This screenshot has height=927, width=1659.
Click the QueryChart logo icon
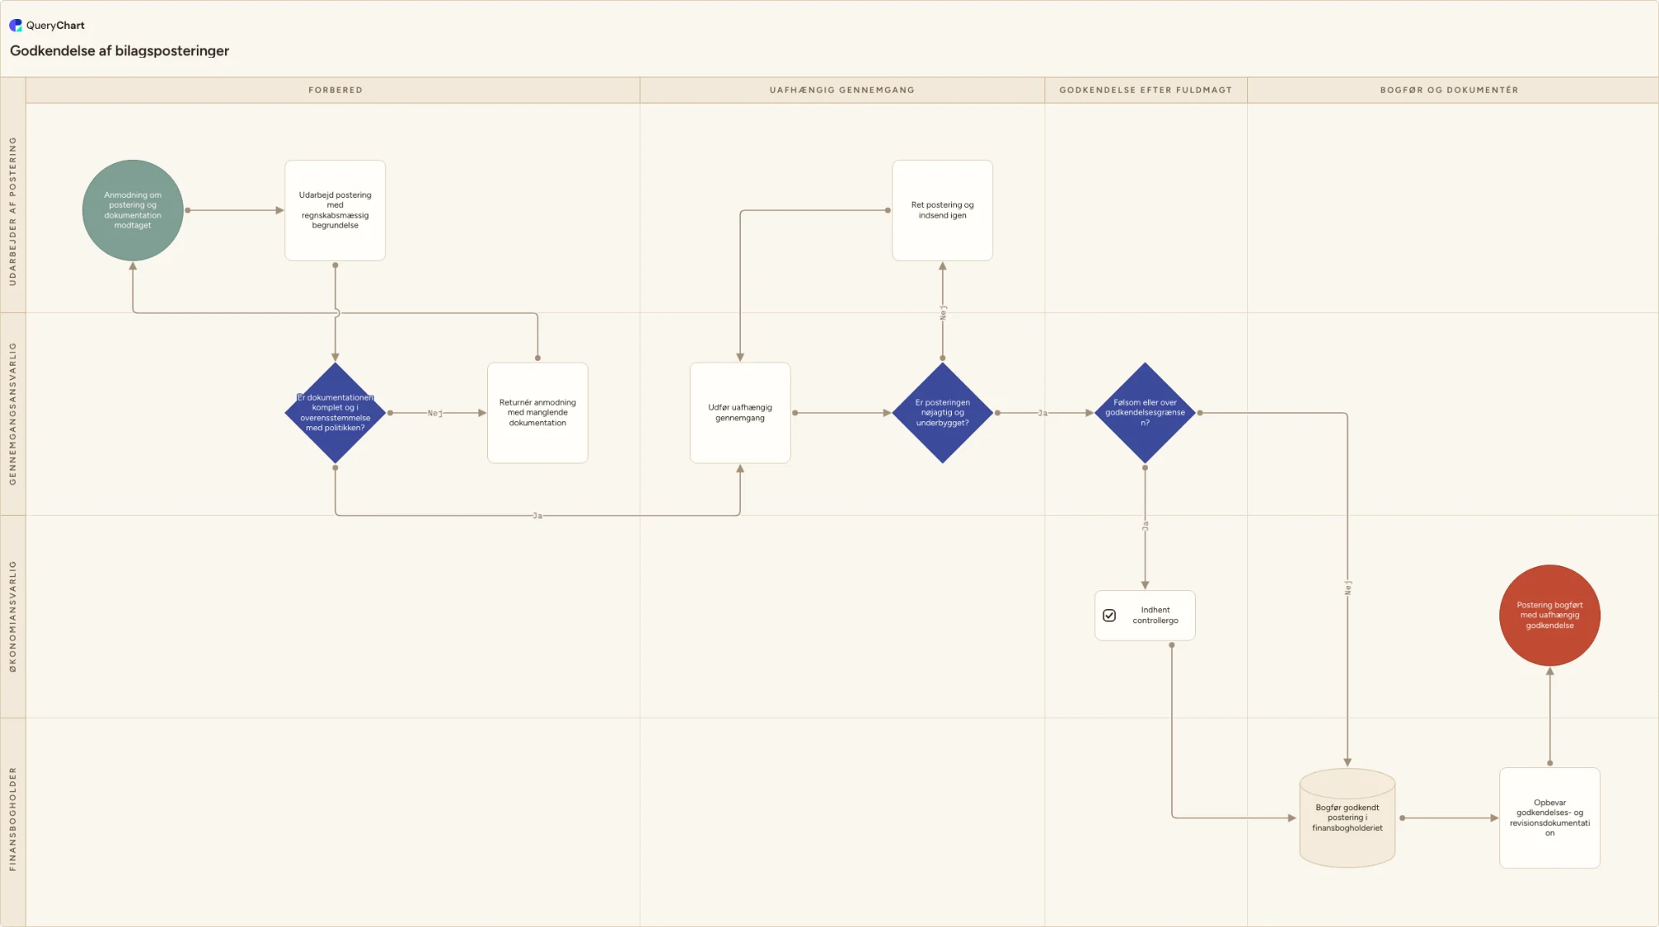pos(16,26)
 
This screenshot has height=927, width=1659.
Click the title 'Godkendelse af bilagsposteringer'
pos(119,50)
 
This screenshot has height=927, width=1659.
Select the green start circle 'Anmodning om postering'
pos(132,210)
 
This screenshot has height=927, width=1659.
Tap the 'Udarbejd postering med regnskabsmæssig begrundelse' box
pos(335,210)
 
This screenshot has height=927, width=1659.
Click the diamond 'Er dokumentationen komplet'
pos(335,412)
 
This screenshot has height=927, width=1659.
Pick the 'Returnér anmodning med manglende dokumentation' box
pos(538,412)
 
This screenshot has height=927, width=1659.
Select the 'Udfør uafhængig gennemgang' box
pos(740,412)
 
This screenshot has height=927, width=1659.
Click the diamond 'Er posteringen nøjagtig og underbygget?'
pos(943,412)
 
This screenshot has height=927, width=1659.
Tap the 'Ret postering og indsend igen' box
pos(943,210)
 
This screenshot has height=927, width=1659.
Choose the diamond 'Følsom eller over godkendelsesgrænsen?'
pos(1145,412)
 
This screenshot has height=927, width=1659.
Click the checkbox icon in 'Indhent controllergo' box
pos(1110,616)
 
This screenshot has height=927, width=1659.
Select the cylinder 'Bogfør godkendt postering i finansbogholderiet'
pos(1347,818)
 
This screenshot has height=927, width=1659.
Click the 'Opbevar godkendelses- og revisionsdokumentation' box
pos(1550,818)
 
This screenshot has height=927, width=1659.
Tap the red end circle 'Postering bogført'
pos(1550,615)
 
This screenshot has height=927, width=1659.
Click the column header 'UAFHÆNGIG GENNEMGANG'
pos(842,90)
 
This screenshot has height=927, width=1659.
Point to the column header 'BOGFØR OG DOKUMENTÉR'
pos(1449,90)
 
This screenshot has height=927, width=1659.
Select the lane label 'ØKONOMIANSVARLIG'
pos(12,617)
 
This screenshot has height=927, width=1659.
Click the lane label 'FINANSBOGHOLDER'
pos(12,819)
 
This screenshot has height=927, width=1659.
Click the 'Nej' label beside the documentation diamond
pos(435,413)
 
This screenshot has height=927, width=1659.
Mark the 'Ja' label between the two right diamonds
pos(1043,413)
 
